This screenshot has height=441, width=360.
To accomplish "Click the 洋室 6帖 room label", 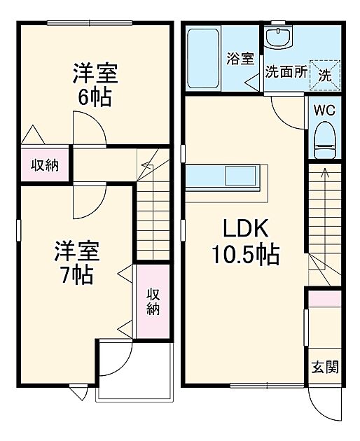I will (94, 85).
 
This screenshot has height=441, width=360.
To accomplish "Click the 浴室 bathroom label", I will (240, 59).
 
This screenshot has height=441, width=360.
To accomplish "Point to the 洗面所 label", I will (285, 72).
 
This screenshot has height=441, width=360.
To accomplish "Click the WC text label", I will (324, 110).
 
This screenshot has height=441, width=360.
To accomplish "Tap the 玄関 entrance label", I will (324, 367).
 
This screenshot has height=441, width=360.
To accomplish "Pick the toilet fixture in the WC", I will (324, 140).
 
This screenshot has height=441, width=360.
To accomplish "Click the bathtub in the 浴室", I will (205, 58).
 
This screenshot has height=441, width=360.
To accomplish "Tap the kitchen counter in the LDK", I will (226, 174).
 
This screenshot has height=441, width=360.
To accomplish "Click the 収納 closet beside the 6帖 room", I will (44, 165).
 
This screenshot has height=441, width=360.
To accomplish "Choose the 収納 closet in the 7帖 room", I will (152, 301).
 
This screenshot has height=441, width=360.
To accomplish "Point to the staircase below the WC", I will (324, 224).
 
